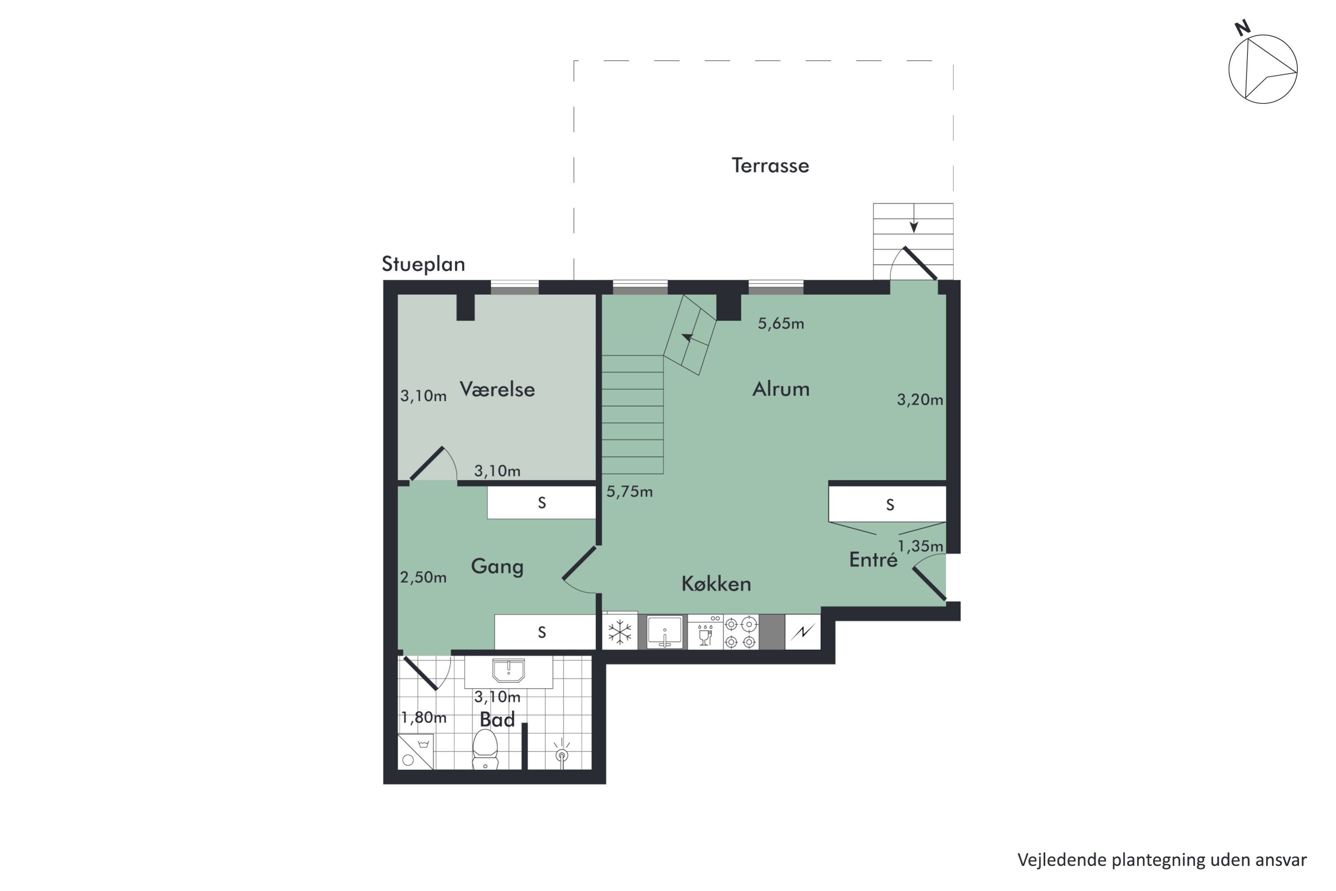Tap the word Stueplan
point(423,264)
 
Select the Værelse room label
point(497,389)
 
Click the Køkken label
point(716,584)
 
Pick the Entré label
point(873,560)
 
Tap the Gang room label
point(497,567)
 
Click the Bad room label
point(497,719)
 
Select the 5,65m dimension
point(781,324)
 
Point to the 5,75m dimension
point(629,491)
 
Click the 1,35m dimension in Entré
point(920,546)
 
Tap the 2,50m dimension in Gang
point(423,577)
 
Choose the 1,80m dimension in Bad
point(424,718)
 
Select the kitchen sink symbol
point(664,632)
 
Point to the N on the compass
point(1243,28)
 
